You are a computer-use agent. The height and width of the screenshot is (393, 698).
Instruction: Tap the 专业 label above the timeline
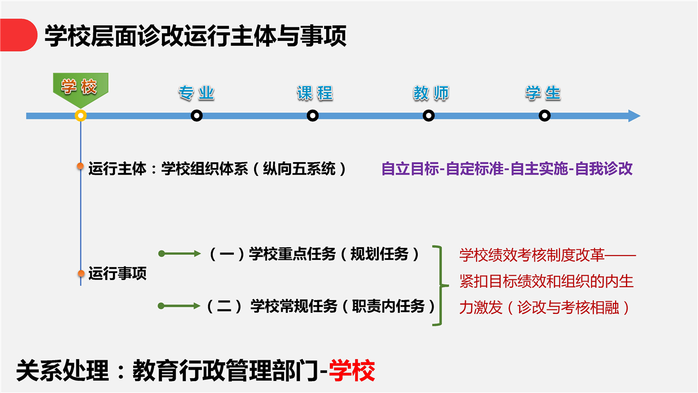click(196, 93)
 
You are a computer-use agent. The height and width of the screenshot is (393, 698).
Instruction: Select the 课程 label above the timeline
click(315, 93)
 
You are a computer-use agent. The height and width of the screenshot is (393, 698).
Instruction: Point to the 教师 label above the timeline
click(431, 93)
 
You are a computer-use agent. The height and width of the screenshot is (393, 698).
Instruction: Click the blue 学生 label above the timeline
click(543, 93)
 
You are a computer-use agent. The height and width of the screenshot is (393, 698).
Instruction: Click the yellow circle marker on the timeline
click(81, 116)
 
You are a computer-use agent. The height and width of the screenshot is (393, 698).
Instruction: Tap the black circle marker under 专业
click(197, 116)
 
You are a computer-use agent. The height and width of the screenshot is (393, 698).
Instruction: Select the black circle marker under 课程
click(312, 116)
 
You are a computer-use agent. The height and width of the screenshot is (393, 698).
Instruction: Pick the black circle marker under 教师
click(429, 116)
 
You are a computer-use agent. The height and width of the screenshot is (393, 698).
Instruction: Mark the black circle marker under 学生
click(544, 116)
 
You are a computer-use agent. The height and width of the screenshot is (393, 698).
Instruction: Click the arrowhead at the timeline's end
click(634, 116)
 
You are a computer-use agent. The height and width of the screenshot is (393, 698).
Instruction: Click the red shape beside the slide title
click(19, 35)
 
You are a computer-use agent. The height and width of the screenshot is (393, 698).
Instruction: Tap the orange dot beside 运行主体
click(80, 166)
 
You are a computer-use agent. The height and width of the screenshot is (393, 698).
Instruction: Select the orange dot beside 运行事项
click(81, 273)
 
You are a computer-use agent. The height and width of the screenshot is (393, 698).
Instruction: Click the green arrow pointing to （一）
click(179, 254)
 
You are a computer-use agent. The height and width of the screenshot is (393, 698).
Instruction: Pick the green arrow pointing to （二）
click(179, 306)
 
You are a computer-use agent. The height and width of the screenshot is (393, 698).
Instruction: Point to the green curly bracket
click(440, 285)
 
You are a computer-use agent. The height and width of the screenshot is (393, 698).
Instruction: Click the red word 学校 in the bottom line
click(352, 371)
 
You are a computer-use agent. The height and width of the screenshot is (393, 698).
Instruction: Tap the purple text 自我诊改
click(604, 169)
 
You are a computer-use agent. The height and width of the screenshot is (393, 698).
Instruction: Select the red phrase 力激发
click(481, 307)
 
